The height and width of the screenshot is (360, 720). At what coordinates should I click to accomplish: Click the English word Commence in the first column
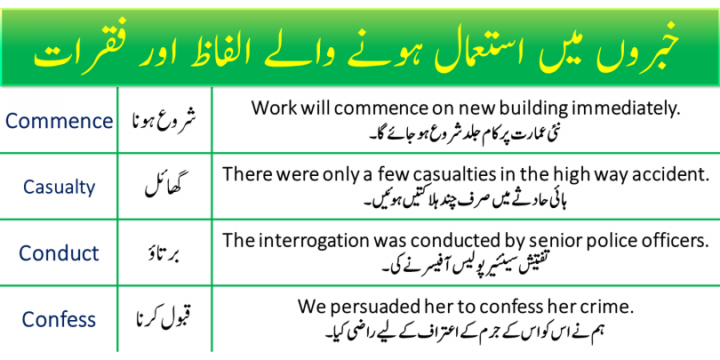click(59, 121)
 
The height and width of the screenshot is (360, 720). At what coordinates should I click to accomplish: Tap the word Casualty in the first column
click(59, 188)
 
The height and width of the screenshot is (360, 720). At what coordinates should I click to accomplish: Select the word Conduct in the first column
click(59, 253)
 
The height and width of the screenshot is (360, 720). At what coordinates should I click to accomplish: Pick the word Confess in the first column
click(59, 319)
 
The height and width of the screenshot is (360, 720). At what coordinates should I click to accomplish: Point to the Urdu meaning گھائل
click(164, 187)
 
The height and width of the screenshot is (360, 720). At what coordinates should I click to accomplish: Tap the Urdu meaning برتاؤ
click(164, 253)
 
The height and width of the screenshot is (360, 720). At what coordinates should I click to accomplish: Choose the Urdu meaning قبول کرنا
click(164, 319)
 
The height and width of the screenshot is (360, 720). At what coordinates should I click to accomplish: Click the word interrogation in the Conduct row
click(314, 242)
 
